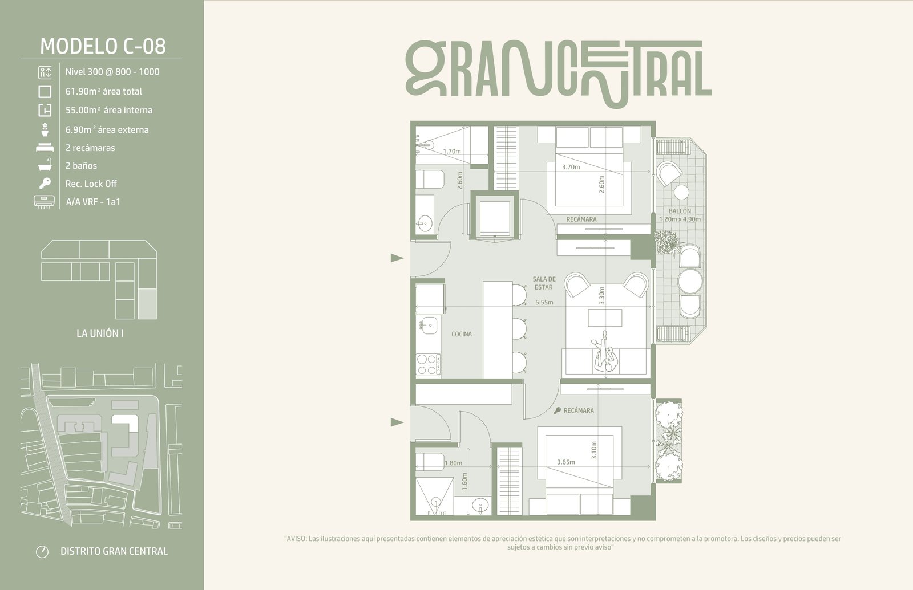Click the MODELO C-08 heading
pos(103,46)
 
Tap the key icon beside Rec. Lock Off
pos(45,183)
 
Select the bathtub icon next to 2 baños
pos(45,165)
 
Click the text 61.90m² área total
pos(103,91)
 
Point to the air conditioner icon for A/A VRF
pos(44,202)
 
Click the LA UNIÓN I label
pos(100,333)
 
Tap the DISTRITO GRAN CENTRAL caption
pos(114,551)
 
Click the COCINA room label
pos(462,334)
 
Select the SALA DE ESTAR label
pos(544,283)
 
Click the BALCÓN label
pos(680,211)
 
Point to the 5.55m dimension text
pos(544,302)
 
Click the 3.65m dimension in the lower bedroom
pos(565,462)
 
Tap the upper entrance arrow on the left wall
pos(397,258)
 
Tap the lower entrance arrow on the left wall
pos(397,422)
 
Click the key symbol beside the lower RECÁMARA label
pos(557,411)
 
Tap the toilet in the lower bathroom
pos(430,462)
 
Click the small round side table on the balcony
pos(681,192)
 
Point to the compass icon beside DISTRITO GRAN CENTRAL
pos(42,551)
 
